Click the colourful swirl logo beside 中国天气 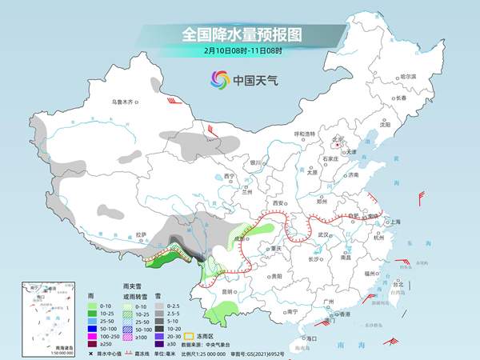[x=219, y=80]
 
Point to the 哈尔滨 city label [x=408, y=75]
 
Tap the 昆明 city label [x=228, y=292]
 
